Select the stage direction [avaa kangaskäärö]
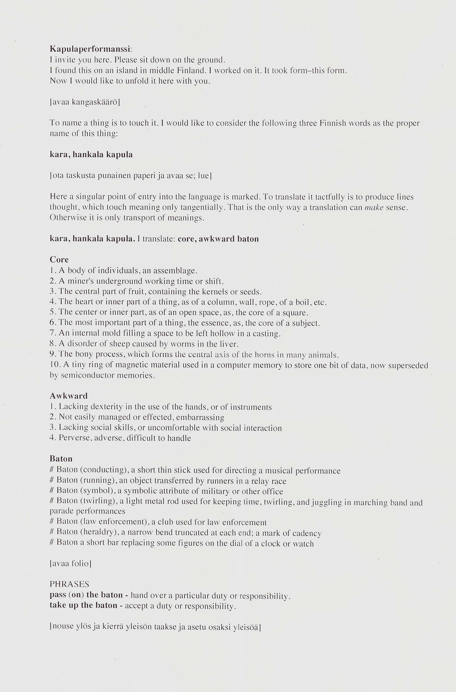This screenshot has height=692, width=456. click(x=85, y=102)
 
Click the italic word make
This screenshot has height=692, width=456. click(x=374, y=207)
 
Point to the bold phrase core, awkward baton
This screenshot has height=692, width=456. click(x=218, y=239)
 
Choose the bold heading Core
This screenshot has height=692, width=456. click(x=59, y=260)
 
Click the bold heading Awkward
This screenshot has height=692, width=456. click(x=69, y=396)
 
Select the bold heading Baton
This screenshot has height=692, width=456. click(x=61, y=459)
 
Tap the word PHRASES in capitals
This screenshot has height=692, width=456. click(x=70, y=584)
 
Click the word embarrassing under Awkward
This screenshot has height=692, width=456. click(x=204, y=417)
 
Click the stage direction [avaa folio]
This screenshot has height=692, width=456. click(x=70, y=564)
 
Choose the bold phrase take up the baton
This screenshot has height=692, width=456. click(x=83, y=605)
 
